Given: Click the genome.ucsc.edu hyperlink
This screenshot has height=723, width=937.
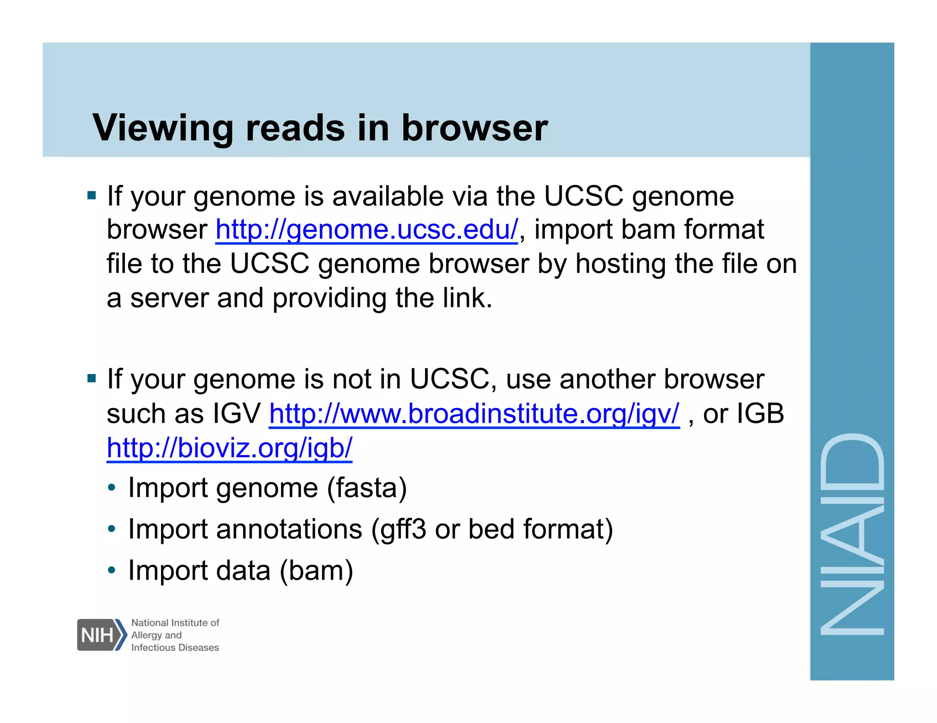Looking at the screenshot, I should pyautogui.click(x=366, y=229).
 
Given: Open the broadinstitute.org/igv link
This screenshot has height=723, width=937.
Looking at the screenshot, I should pyautogui.click(x=474, y=414).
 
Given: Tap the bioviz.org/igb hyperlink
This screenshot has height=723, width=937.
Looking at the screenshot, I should pyautogui.click(x=229, y=448).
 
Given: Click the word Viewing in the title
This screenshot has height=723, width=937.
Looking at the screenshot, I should pyautogui.click(x=162, y=128).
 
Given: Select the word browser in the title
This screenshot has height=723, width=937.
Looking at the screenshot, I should pyautogui.click(x=474, y=128).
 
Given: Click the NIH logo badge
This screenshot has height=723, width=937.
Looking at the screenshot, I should pyautogui.click(x=101, y=635).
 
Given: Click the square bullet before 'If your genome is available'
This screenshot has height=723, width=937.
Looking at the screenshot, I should pyautogui.click(x=92, y=196).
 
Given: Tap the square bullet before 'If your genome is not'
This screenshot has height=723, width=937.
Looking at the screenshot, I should pyautogui.click(x=92, y=378).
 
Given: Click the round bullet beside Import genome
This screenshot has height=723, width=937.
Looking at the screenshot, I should pyautogui.click(x=112, y=488).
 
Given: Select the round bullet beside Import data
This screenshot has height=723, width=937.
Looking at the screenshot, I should pyautogui.click(x=112, y=570).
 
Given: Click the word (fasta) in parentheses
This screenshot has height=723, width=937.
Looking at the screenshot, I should pyautogui.click(x=366, y=488).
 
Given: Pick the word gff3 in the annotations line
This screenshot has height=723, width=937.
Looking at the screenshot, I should pyautogui.click(x=403, y=529).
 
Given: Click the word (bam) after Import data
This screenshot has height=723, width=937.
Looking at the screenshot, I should pyautogui.click(x=316, y=571).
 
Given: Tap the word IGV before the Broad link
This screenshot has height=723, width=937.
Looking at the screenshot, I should pyautogui.click(x=237, y=414).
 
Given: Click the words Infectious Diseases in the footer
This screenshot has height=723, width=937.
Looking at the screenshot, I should pyautogui.click(x=175, y=648).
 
